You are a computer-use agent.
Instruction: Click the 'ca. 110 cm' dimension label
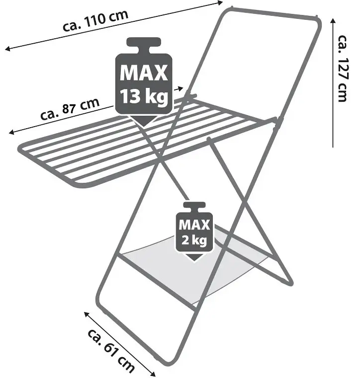coord(95,20)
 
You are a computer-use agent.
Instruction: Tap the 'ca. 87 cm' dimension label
coord(70,109)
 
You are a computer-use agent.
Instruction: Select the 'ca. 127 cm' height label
coord(343,69)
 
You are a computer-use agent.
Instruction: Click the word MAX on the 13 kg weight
coord(144,73)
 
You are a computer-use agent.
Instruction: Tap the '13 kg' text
coord(144,96)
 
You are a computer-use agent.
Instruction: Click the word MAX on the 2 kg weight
coord(194,225)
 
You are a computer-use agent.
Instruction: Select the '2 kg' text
coord(194,240)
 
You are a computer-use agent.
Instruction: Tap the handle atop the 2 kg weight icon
coord(194,206)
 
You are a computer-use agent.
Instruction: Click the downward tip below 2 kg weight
coord(194,261)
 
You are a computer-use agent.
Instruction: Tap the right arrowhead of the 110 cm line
coord(220,3)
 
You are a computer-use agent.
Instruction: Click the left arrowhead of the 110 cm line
coord(8,49)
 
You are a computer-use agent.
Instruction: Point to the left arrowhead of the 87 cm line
coord(11,132)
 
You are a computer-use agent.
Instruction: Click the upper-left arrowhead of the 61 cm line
coord(87,314)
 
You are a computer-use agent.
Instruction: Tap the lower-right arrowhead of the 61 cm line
coord(153,374)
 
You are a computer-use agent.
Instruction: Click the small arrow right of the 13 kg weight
coord(179,89)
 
